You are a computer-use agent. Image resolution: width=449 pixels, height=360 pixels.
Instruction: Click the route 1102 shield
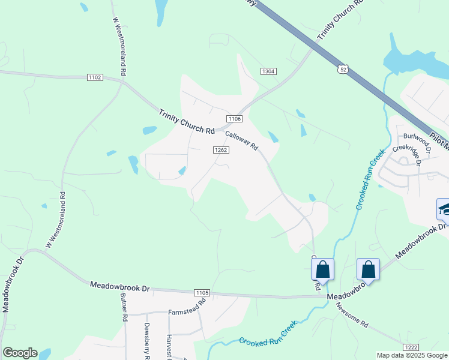coord(95,77)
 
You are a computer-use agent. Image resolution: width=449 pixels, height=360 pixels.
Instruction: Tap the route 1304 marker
coord(268,71)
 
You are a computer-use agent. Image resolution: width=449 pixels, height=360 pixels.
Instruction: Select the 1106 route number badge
coord(234,118)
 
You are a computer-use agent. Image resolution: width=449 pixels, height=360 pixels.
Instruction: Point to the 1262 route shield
coord(220,150)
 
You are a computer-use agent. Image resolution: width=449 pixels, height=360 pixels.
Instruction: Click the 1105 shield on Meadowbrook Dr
coord(202,292)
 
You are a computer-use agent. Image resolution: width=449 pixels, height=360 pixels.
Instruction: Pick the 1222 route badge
coord(411,347)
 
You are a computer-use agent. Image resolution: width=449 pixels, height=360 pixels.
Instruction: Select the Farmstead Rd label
coord(187,312)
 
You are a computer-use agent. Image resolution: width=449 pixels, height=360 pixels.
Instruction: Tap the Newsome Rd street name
coord(352,315)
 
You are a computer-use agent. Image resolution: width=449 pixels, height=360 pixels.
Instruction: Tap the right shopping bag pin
coord(368,269)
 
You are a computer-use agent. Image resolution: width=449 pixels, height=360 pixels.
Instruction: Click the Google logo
coord(20,353)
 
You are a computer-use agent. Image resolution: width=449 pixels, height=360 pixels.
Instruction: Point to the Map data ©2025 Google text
coord(411,355)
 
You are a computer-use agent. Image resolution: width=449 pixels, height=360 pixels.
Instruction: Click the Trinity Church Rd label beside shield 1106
coord(187,122)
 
